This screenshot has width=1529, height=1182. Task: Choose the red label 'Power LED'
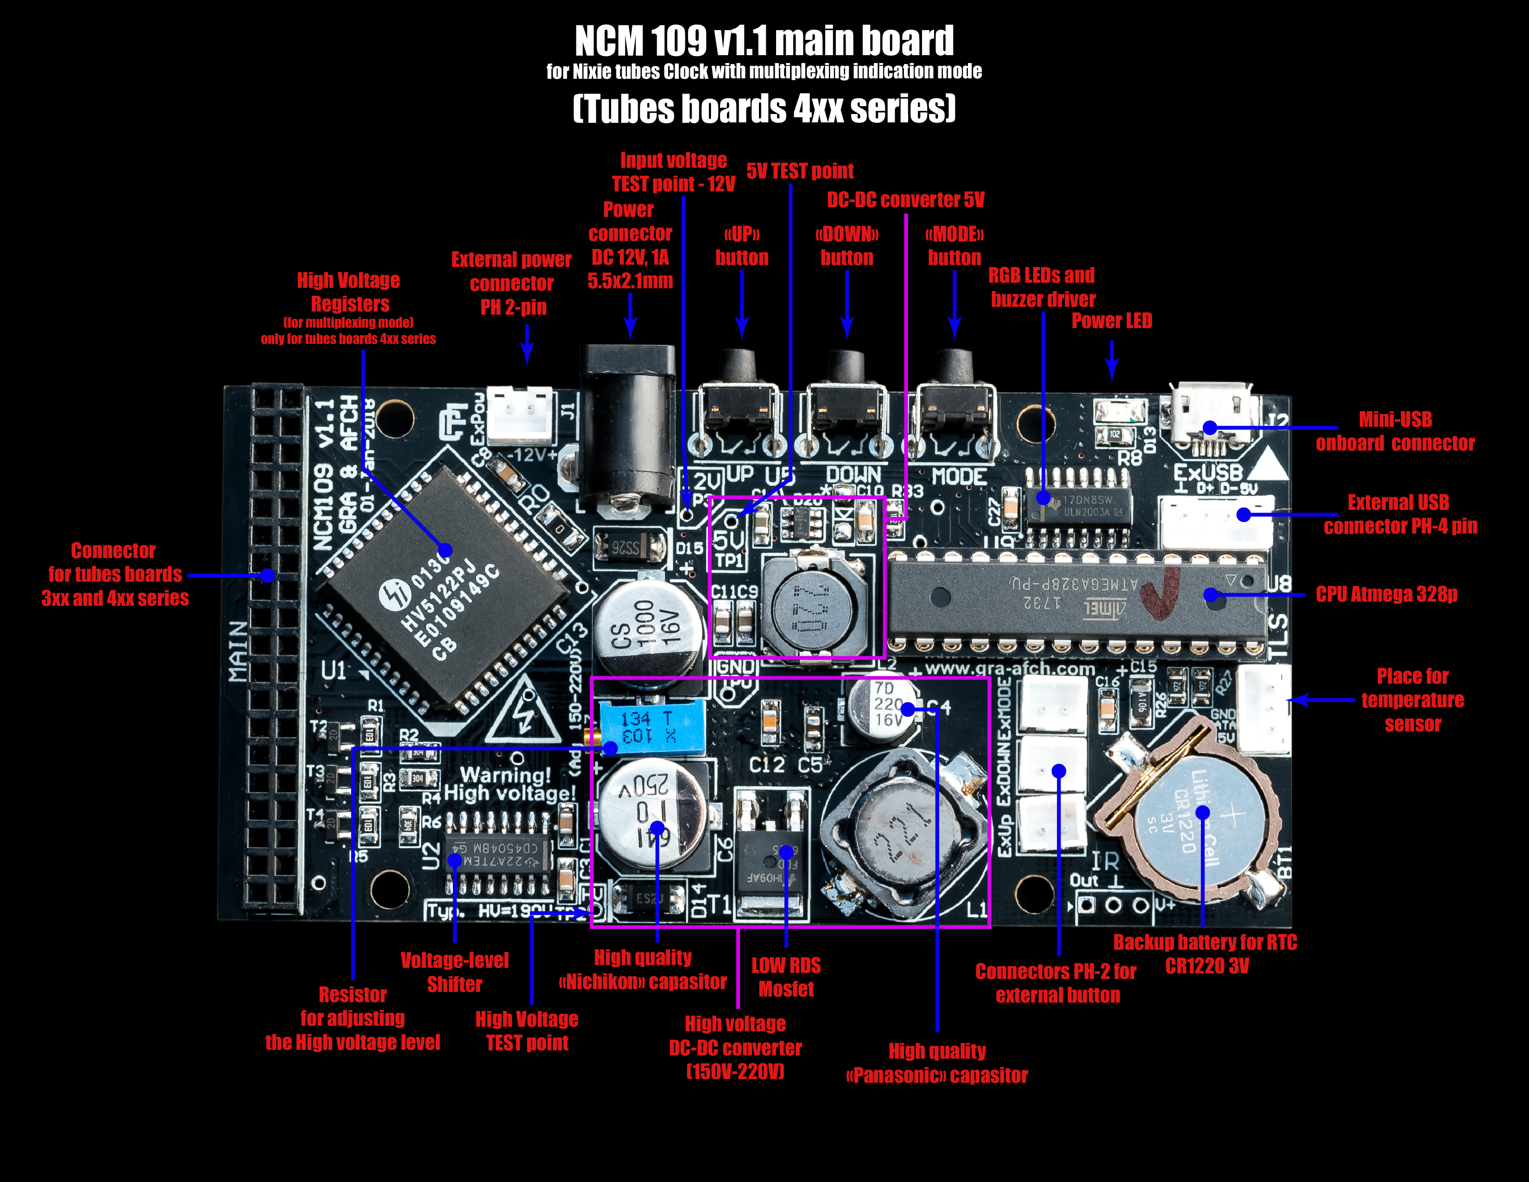point(1112,321)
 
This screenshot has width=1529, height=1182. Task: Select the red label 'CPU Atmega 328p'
point(1386,595)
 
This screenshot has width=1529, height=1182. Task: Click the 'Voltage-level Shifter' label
point(455,972)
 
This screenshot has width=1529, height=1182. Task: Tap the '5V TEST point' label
point(800,171)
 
